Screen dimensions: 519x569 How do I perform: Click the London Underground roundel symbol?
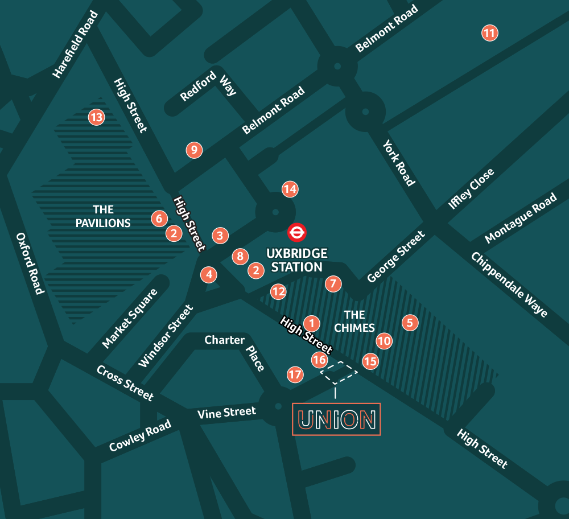click(x=297, y=232)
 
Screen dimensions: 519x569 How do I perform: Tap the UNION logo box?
click(x=336, y=419)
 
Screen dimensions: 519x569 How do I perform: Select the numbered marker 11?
click(x=489, y=33)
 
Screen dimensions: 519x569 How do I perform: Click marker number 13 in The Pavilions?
click(x=96, y=118)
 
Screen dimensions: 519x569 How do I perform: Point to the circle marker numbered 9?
click(x=194, y=150)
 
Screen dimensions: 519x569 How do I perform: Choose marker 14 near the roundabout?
click(x=290, y=189)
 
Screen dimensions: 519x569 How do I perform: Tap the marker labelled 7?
click(x=333, y=283)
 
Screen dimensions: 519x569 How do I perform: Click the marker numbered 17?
click(x=295, y=374)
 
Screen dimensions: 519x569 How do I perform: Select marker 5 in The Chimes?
click(x=410, y=323)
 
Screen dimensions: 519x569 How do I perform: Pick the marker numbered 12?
click(x=278, y=292)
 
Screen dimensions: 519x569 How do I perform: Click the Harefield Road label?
click(x=76, y=44)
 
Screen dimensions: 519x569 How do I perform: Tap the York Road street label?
click(x=399, y=163)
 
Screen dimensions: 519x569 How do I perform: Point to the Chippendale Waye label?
click(x=509, y=285)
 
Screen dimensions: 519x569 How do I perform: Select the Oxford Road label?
click(x=30, y=263)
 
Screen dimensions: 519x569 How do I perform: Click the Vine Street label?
click(x=226, y=413)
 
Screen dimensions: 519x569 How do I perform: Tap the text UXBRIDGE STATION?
click(x=297, y=259)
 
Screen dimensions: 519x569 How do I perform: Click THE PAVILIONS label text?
click(x=103, y=216)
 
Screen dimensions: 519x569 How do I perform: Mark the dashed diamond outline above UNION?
click(x=339, y=372)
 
